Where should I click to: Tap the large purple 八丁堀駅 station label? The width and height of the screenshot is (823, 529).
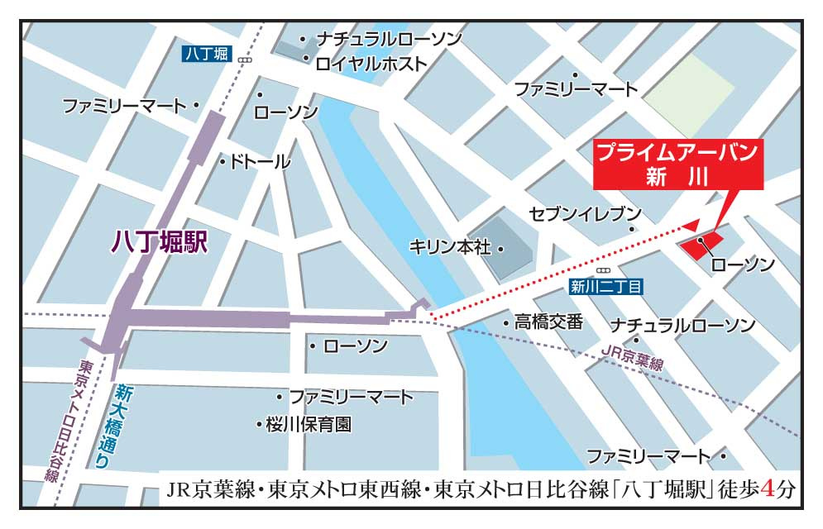coord(158,241)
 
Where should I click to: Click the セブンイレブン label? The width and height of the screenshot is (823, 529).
coord(586,212)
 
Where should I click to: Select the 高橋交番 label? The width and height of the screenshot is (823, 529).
coord(548,322)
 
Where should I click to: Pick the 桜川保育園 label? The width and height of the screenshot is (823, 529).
coord(309,424)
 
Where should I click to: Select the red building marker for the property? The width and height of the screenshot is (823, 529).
coord(700,245)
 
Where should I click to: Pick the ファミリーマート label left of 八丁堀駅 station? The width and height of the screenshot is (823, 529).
coord(125,106)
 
